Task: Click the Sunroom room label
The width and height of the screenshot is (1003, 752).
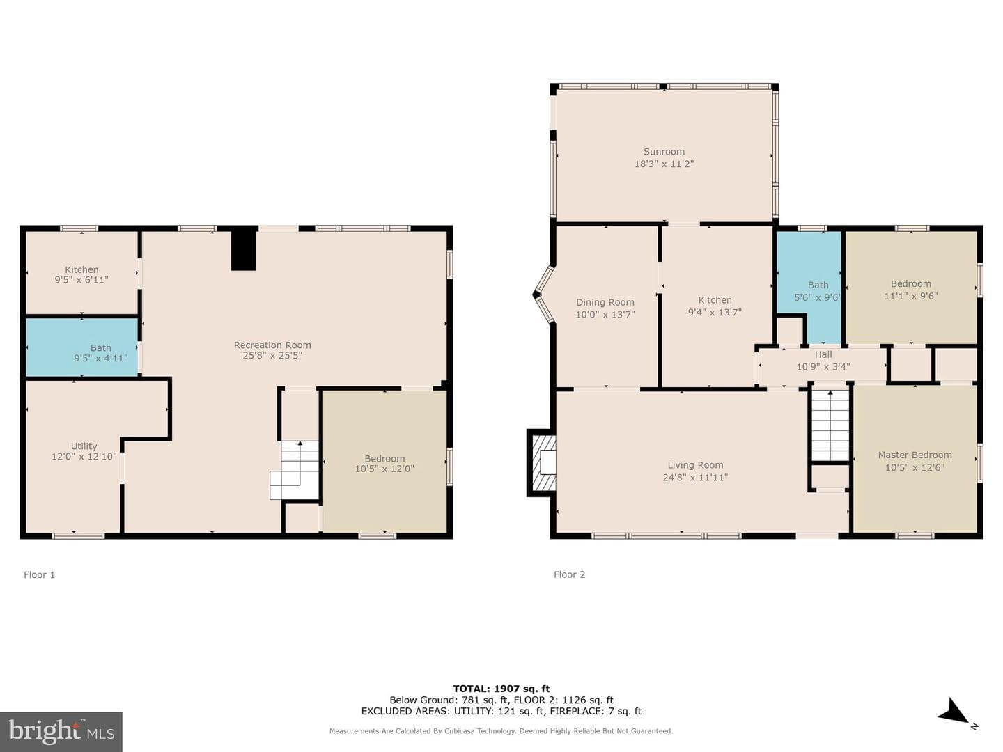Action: (x=664, y=152)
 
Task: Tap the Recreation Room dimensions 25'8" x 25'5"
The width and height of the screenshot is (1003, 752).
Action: (x=272, y=356)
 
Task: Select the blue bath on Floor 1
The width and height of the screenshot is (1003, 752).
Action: (x=81, y=347)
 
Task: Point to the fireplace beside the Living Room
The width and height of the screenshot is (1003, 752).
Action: (x=542, y=462)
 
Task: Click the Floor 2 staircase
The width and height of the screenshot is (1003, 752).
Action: (x=830, y=425)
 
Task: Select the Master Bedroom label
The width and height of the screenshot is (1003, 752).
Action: (x=915, y=455)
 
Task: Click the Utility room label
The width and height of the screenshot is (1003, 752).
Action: (x=84, y=446)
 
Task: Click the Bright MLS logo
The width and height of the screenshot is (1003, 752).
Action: (x=61, y=732)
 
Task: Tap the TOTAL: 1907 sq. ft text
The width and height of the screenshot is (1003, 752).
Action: (x=501, y=689)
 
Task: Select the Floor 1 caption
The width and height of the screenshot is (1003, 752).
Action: (x=39, y=575)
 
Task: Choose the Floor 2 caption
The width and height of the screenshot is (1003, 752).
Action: (x=569, y=574)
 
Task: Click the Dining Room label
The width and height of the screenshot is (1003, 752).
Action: (x=605, y=302)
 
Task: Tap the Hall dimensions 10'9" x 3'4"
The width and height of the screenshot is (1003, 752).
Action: (x=823, y=367)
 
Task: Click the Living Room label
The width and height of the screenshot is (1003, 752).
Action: (x=695, y=465)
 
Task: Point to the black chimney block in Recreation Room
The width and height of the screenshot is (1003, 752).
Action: (x=244, y=249)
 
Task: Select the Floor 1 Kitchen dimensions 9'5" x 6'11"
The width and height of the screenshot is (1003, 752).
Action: (x=81, y=280)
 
